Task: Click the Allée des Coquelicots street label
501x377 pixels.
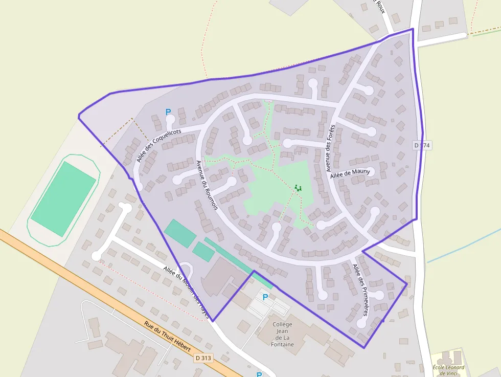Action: [159, 146]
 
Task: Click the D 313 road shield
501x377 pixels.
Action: [203, 358]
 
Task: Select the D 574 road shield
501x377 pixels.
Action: [422, 146]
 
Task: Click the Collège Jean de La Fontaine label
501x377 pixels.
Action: [282, 334]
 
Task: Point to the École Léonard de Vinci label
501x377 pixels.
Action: [448, 370]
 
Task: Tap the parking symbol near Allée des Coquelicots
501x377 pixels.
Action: [168, 112]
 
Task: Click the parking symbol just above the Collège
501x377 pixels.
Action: [265, 297]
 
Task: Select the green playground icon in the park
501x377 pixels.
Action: [298, 188]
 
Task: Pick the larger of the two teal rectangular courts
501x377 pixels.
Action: [180, 233]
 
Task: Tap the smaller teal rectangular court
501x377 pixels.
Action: [203, 252]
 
